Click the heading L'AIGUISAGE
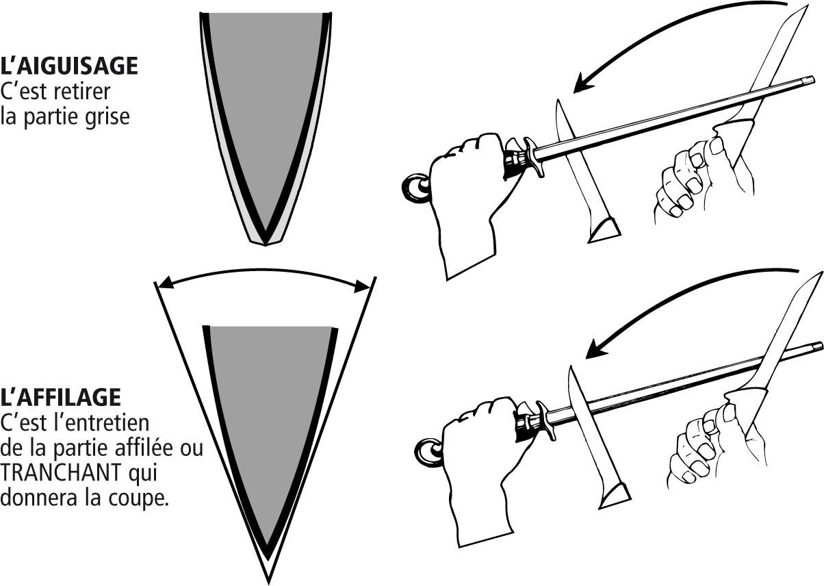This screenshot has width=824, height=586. (x=69, y=66)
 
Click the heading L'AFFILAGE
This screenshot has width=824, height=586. (x=61, y=396)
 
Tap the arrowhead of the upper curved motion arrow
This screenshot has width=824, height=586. (x=583, y=83)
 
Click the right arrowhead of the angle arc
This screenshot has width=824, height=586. (x=361, y=287)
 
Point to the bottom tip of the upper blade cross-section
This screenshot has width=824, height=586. (x=266, y=245)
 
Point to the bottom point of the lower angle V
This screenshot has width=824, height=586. (x=268, y=583)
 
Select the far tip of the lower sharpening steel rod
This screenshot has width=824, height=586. (x=821, y=345)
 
